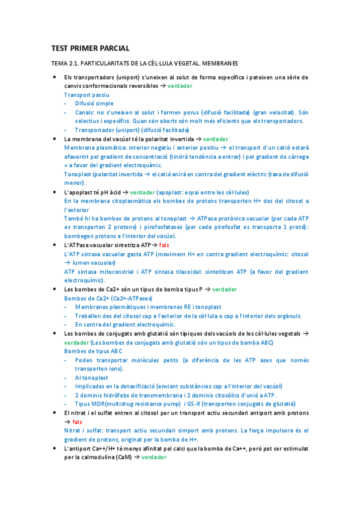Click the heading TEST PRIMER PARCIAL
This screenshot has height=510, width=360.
click(x=90, y=48)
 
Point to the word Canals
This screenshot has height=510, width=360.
click(x=85, y=112)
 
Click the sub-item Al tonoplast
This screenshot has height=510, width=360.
click(x=91, y=377)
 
